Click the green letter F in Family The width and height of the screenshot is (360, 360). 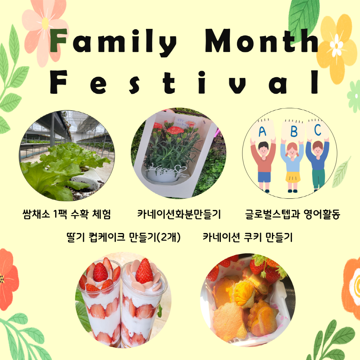pos(58,41)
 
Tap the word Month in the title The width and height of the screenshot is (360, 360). pos(262,40)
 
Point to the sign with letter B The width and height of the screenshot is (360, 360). pos(293,130)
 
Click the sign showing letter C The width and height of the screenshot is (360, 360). pos(317,129)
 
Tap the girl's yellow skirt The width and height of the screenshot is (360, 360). pos(293,177)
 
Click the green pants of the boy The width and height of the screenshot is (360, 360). pos(319,179)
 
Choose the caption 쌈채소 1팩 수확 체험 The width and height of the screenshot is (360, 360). pos(67,214)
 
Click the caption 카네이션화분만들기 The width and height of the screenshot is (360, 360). pos(179,214)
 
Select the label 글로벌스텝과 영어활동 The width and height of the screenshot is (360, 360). pos(293,214)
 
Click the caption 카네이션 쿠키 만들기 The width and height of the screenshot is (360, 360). pos(247,237)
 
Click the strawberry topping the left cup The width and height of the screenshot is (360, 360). pos(100,272)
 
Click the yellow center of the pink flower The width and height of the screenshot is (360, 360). pos(45,23)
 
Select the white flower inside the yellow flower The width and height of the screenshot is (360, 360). pos(337,45)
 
